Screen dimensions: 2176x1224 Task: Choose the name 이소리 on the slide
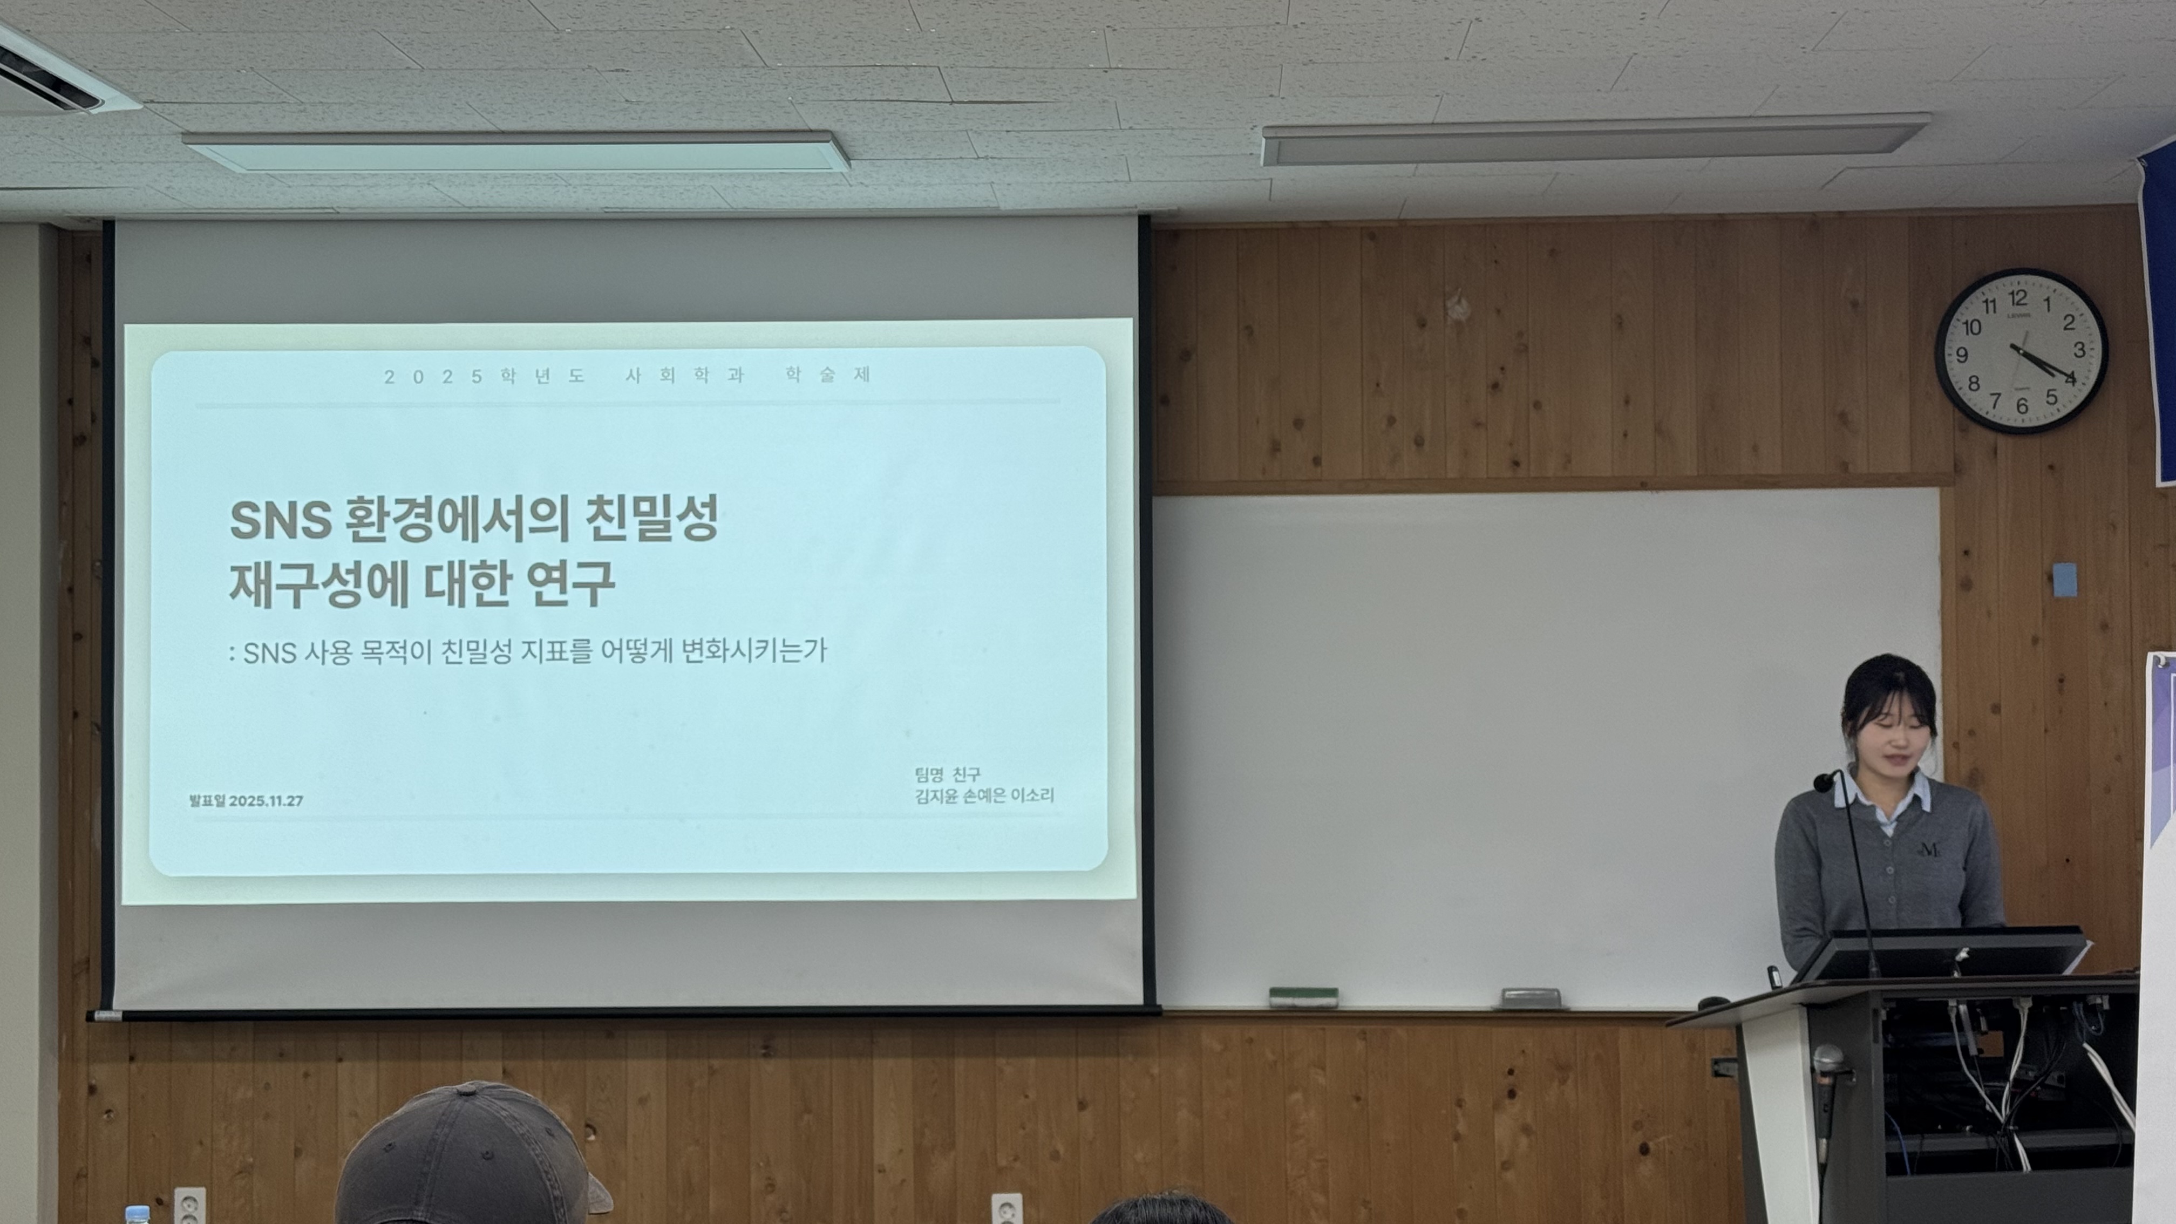coord(1032,795)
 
